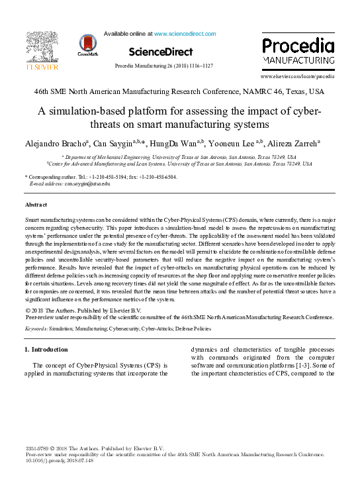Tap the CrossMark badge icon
pyautogui.click(x=87, y=44)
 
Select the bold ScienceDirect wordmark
pyautogui.click(x=161, y=52)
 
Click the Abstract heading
pyautogui.click(x=36, y=205)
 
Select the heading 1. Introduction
pyautogui.click(x=46, y=349)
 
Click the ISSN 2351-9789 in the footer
pyautogui.click(x=38, y=449)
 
